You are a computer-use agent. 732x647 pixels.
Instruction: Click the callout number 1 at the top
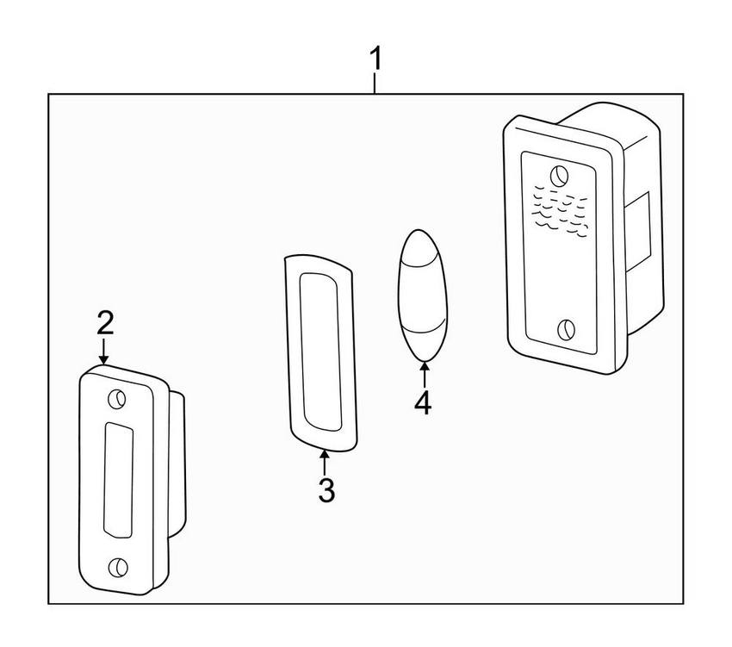click(375, 58)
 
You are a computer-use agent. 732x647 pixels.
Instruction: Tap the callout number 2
click(105, 323)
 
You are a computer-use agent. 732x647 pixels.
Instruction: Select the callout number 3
click(326, 490)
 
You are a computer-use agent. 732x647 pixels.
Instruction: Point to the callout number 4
click(423, 403)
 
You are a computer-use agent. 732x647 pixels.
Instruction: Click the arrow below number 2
click(103, 351)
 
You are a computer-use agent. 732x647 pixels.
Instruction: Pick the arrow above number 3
click(324, 461)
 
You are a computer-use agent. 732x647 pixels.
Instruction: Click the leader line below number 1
click(375, 83)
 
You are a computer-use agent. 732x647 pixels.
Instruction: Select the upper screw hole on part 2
click(117, 399)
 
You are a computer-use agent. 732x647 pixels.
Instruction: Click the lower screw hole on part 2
click(118, 567)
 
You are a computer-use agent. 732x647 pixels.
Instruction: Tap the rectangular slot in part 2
click(118, 481)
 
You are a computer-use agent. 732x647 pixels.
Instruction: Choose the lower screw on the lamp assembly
click(567, 330)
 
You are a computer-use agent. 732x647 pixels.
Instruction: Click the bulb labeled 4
click(423, 296)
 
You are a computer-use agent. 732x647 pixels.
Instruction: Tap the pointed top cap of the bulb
click(419, 247)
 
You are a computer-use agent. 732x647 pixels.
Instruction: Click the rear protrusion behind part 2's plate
click(177, 463)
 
